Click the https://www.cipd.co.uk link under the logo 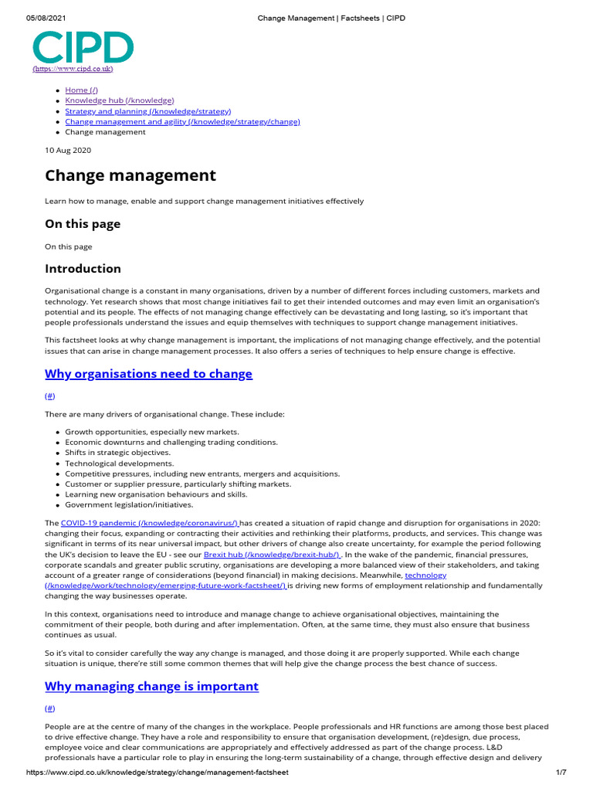[x=73, y=69]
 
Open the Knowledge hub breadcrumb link [x=119, y=100]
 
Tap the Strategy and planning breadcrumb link [x=147, y=111]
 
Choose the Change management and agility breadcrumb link [x=182, y=121]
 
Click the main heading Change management [x=130, y=175]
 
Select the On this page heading [x=83, y=224]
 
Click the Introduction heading [x=83, y=269]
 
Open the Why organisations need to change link [x=148, y=374]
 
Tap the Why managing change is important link [x=151, y=686]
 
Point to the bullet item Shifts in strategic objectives [x=117, y=453]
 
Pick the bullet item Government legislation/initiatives [x=129, y=504]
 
